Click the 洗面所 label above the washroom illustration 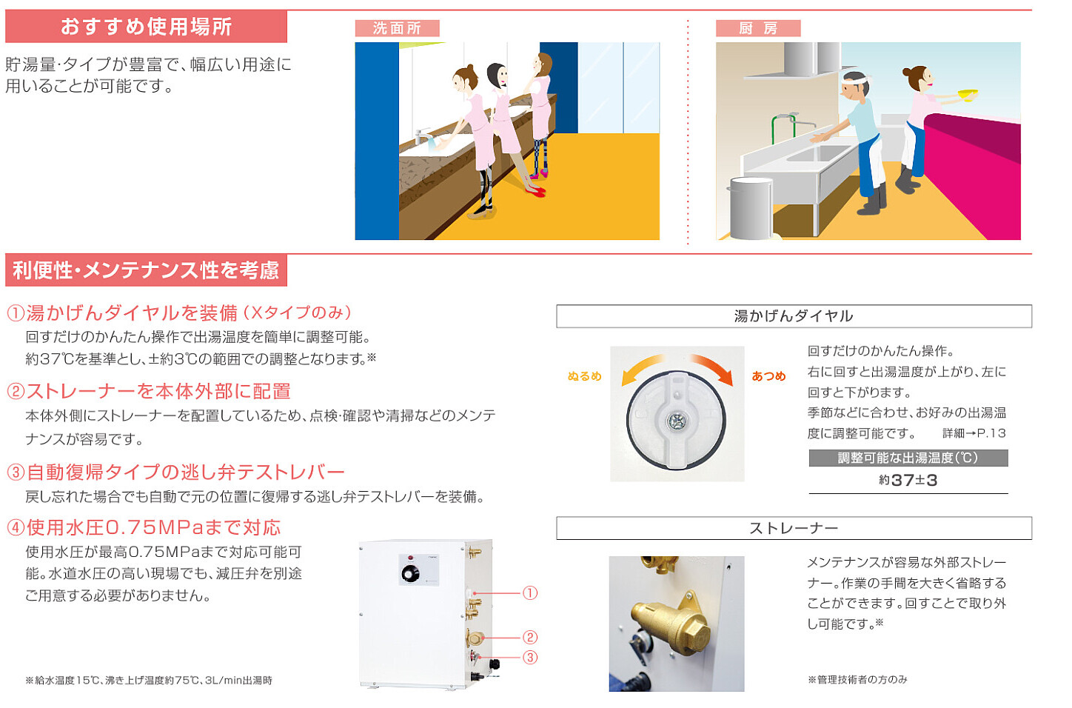[397, 28]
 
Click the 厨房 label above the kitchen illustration [757, 28]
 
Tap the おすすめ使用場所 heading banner [146, 27]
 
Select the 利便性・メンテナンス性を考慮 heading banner [146, 270]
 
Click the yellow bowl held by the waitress [967, 95]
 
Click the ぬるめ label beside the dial [584, 376]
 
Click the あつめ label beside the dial [768, 376]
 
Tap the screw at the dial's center [676, 421]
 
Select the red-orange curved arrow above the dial [712, 367]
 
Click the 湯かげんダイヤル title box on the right [794, 316]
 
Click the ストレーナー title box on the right [794, 528]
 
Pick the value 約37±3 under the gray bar [908, 481]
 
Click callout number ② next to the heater [530, 637]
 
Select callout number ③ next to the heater [530, 657]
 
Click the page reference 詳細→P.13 [974, 433]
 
